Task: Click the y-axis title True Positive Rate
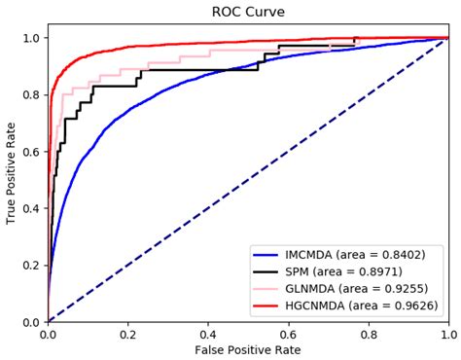click(12, 173)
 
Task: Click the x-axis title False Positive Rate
click(248, 350)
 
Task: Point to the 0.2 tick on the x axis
click(128, 333)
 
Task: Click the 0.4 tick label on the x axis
click(208, 333)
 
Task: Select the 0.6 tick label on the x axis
click(289, 333)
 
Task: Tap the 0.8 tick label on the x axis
click(369, 333)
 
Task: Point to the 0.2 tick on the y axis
click(31, 266)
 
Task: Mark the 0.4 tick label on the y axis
click(31, 208)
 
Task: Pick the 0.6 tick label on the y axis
click(31, 152)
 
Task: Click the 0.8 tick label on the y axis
click(31, 94)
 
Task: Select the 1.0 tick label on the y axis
click(31, 38)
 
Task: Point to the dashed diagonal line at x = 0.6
click(289, 151)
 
